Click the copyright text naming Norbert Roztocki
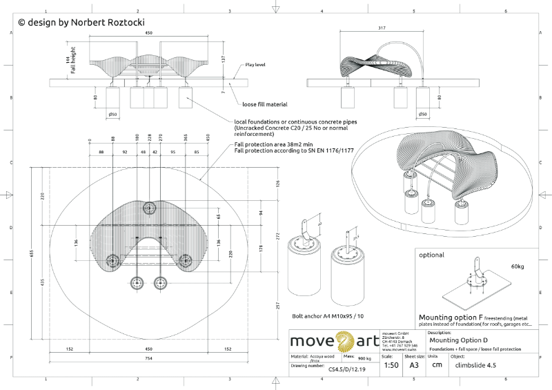tap(81, 22)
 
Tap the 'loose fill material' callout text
tap(264, 104)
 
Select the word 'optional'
tap(432, 255)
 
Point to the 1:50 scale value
tap(389, 365)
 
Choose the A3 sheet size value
tap(414, 365)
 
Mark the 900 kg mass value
tap(365, 359)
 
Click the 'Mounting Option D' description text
tap(458, 340)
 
